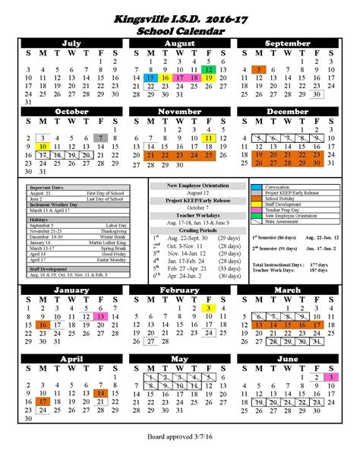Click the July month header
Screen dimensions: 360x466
(x=72, y=44)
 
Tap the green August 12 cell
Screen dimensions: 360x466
(x=208, y=68)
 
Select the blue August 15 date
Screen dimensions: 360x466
(x=150, y=78)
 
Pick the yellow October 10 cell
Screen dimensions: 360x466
(x=43, y=146)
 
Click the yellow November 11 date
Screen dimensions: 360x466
(x=209, y=137)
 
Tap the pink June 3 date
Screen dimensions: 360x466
(x=331, y=376)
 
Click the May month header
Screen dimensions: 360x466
(x=180, y=357)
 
